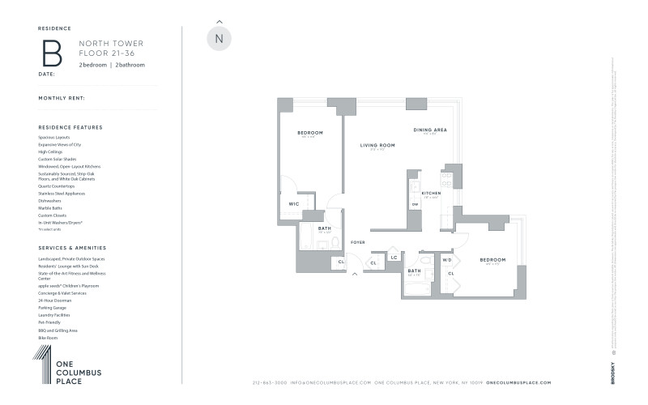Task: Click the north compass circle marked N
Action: coord(219,38)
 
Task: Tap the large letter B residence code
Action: coord(52,52)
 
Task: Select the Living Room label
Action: coord(377,145)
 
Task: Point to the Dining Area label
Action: coord(430,130)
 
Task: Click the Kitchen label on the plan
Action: coord(431,194)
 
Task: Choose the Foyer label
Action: coord(357,242)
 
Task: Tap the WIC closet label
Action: coord(293,203)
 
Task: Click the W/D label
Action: coord(446,260)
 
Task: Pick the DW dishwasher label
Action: coord(415,204)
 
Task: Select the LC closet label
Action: coord(394,258)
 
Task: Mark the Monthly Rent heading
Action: coord(62,98)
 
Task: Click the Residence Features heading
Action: coord(70,127)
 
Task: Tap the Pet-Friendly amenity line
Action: coord(50,322)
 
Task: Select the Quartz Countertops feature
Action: coord(56,186)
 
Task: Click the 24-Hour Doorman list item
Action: coord(53,301)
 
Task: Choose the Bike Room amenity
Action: coord(48,338)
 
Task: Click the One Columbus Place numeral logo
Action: coord(42,364)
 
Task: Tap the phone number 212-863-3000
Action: coord(270,382)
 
